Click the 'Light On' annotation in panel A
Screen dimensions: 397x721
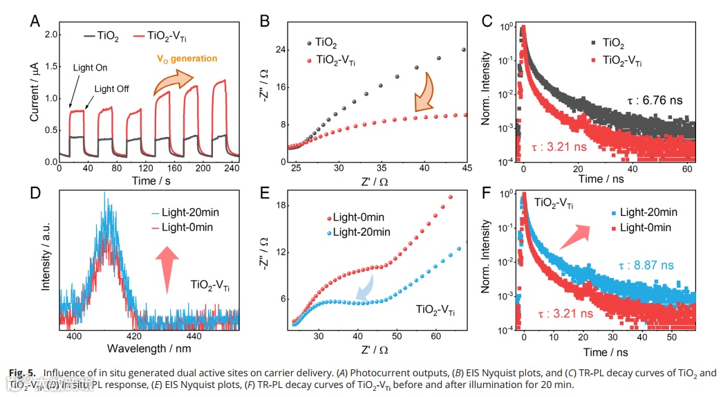(90, 68)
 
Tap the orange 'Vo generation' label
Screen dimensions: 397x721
(187, 59)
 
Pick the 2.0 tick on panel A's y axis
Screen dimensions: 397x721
(50, 33)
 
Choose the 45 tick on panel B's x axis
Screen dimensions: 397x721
(466, 168)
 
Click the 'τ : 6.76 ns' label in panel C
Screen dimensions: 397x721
(655, 100)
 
